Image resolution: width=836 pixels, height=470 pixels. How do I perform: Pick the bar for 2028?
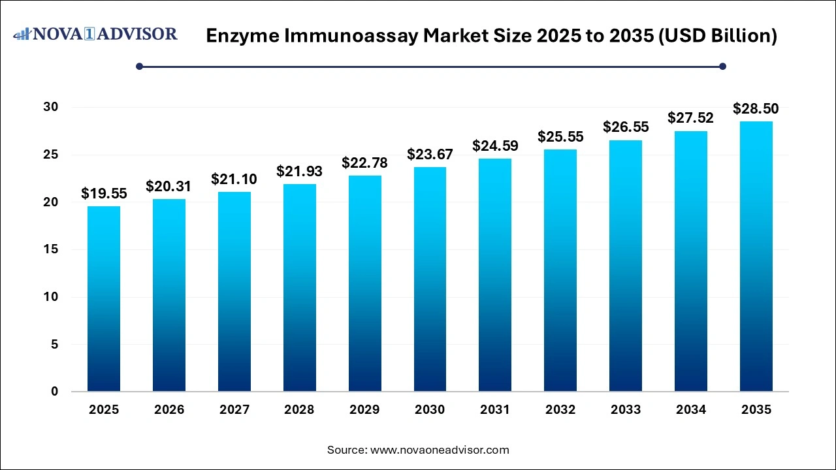coord(299,288)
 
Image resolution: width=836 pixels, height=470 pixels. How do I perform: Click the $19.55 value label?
coord(104,193)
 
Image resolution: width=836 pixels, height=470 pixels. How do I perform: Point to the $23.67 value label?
coord(430,155)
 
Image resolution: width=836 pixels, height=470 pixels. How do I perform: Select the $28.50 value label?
coord(756,108)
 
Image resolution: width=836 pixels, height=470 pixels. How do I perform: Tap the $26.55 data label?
coord(626,127)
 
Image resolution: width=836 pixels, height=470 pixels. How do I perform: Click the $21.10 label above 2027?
coord(234,179)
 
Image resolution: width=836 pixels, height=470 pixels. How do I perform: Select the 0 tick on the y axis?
coord(55,392)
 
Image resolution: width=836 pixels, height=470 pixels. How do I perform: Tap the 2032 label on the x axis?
coord(560,410)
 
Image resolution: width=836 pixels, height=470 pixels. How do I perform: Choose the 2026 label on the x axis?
coord(169,410)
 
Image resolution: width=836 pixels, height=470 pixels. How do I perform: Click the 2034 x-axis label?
coord(691,410)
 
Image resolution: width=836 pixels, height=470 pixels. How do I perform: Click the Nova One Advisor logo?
coord(95,34)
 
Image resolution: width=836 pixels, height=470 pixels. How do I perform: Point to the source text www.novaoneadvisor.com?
coord(440,450)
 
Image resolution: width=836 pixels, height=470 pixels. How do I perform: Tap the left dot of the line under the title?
coord(139,66)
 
